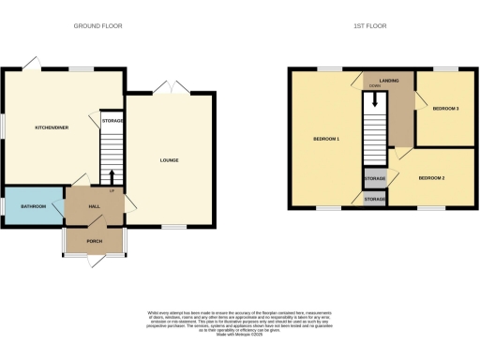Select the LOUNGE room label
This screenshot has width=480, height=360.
(x=169, y=160)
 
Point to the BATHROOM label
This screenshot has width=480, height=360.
(x=34, y=205)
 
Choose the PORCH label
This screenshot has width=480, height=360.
(x=94, y=240)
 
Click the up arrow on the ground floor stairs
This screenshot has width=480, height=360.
(x=112, y=175)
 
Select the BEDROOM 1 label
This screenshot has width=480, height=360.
(x=325, y=139)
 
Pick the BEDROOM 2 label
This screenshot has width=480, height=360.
(x=430, y=177)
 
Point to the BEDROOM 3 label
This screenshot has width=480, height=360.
(x=445, y=110)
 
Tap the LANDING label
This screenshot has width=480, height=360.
(x=389, y=81)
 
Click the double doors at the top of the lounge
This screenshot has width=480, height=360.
(x=170, y=88)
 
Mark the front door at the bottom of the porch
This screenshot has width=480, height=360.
(x=94, y=256)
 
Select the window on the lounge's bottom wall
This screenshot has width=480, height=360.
(x=173, y=227)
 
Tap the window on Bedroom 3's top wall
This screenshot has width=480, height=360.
(x=444, y=69)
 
